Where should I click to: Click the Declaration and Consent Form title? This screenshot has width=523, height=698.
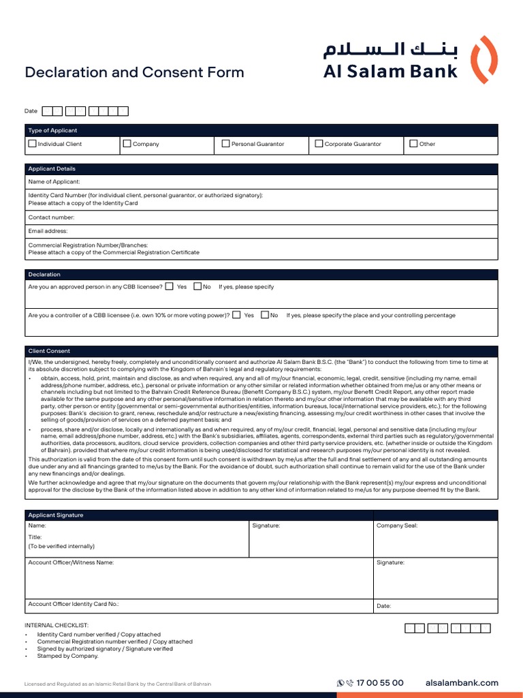click(x=134, y=72)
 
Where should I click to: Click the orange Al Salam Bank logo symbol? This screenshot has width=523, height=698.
click(x=485, y=59)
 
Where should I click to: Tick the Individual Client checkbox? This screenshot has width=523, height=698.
click(x=32, y=144)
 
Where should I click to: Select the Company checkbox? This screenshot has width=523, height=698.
click(x=127, y=144)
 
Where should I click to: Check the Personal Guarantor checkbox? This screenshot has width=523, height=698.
click(x=226, y=144)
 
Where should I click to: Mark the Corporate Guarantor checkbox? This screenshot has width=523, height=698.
click(x=319, y=144)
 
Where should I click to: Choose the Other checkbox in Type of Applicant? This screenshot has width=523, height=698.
click(x=413, y=144)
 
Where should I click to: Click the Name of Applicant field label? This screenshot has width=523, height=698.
click(x=54, y=182)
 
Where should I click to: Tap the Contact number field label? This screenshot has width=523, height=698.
click(x=51, y=217)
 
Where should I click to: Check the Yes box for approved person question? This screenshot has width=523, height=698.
click(x=169, y=287)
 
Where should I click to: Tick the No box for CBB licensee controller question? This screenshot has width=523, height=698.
click(x=265, y=316)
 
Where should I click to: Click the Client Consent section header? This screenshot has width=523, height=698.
click(x=49, y=351)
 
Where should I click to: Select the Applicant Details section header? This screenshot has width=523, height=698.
click(x=52, y=169)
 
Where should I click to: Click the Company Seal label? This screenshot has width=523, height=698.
click(x=397, y=526)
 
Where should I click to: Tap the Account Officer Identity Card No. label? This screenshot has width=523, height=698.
click(x=74, y=604)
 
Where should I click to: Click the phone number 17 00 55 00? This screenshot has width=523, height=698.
click(x=379, y=683)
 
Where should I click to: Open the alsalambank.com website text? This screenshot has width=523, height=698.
click(x=462, y=683)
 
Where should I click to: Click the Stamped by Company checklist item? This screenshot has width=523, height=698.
click(x=68, y=656)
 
